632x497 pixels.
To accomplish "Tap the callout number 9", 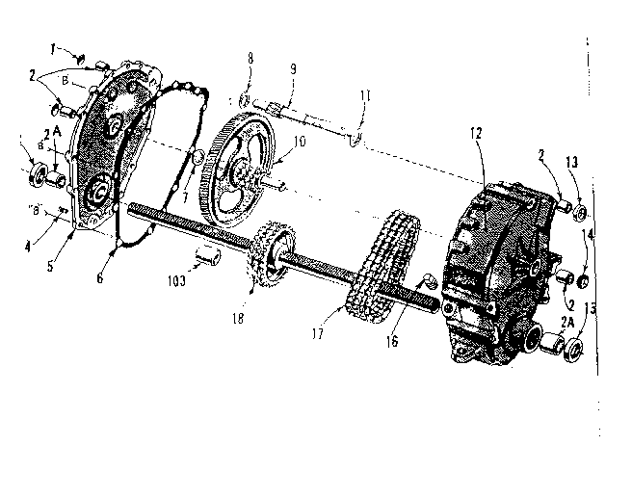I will pyautogui.click(x=290, y=68).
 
